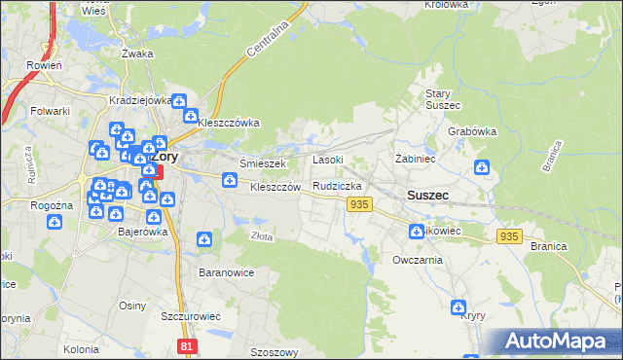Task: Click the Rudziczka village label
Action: pos(338,185)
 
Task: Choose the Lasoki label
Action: pos(327,159)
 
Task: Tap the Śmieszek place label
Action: pos(261,163)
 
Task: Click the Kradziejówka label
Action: pos(141,100)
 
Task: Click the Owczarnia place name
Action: pos(418,261)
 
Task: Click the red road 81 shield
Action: pos(188,345)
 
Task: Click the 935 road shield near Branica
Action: pos(509,236)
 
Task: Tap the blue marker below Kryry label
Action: pos(458,307)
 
